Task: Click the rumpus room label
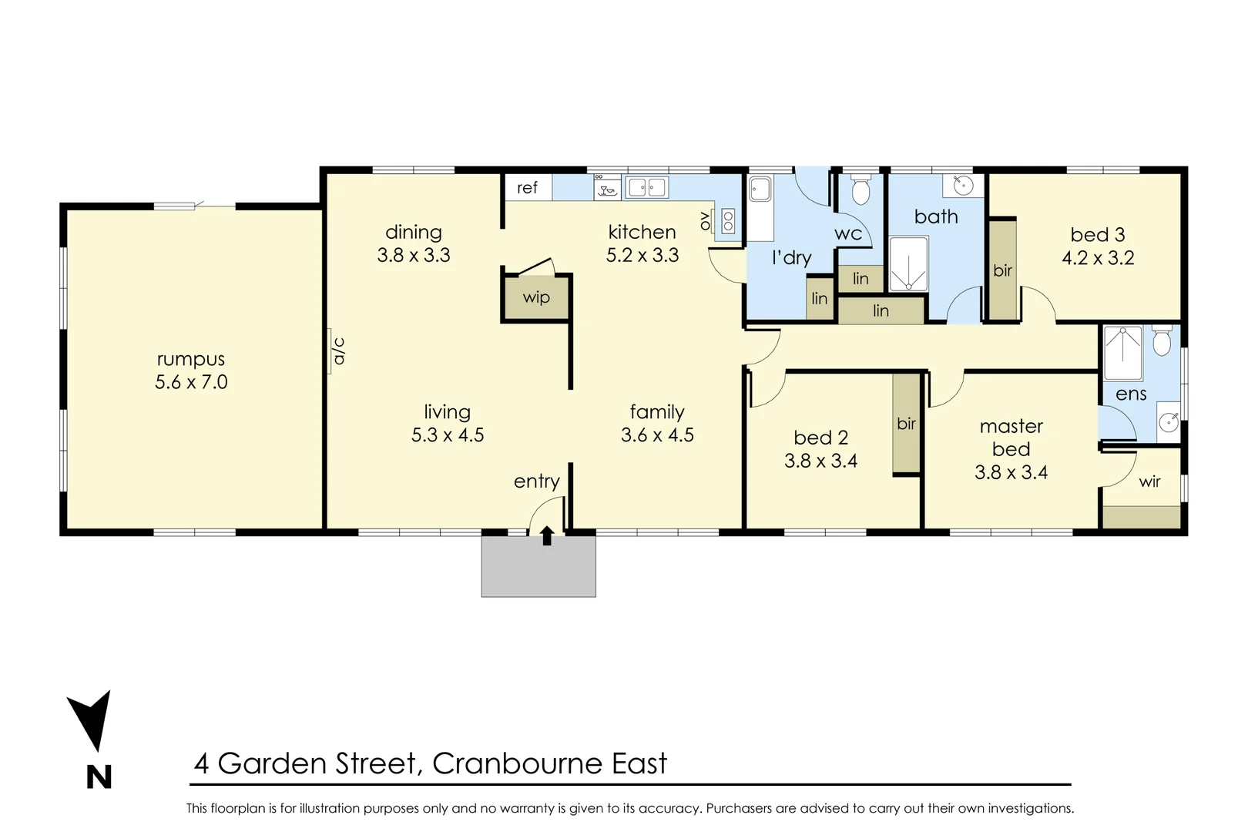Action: pos(191,359)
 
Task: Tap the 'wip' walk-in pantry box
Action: pos(536,297)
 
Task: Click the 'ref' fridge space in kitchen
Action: pos(528,188)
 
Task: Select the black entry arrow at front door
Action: pos(546,535)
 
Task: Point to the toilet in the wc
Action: pos(861,190)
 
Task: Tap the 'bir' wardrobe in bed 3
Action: pos(1002,270)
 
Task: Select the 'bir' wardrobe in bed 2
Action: pos(907,423)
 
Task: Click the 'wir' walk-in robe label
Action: pos(1149,481)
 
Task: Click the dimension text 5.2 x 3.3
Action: pos(642,255)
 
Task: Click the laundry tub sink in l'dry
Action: pos(760,189)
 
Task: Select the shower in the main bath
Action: pos(908,264)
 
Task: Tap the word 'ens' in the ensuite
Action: pos(1131,394)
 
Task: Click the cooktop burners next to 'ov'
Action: pos(727,222)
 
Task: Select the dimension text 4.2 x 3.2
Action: pos(1098,258)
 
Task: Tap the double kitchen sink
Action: pos(646,187)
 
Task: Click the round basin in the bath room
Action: pos(962,186)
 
